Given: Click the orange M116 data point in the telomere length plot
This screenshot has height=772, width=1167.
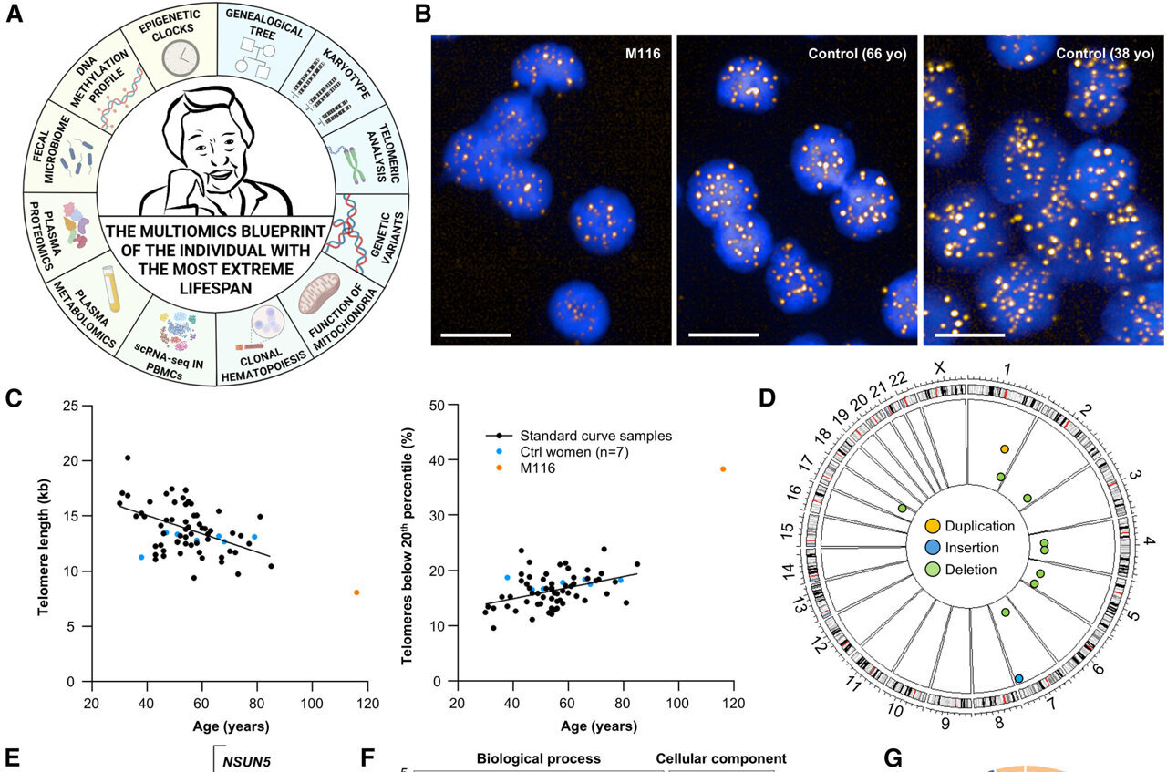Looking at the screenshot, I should pos(356,592).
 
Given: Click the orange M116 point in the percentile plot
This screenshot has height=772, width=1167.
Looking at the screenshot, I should pos(723,469).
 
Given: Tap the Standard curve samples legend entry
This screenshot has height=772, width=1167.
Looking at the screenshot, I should pos(583,436).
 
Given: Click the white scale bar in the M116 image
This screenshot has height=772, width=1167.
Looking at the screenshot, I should pos(475,335).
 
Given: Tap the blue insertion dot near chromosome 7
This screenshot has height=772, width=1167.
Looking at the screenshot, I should pos(1018,678).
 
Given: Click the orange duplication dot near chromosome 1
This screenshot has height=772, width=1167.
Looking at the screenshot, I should pos(1005,449).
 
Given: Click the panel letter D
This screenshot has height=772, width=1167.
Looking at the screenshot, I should pos(768,398).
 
